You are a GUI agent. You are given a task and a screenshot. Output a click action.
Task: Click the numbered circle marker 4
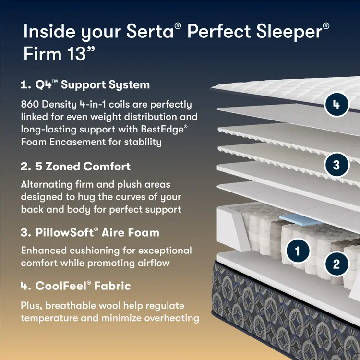pos(336,105)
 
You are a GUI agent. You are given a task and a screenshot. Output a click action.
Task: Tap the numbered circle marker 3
pos(336,165)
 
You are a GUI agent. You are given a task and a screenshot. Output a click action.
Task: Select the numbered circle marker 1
pos(298,250)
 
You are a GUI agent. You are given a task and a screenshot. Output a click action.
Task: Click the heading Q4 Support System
pos(85,85)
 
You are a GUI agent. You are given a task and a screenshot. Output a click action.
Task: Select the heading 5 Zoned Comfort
pos(76,167)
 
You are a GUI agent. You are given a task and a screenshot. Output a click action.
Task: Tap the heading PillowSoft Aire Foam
pos(90,233)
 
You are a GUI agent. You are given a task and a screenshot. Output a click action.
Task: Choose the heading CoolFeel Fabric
pos(76,286)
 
